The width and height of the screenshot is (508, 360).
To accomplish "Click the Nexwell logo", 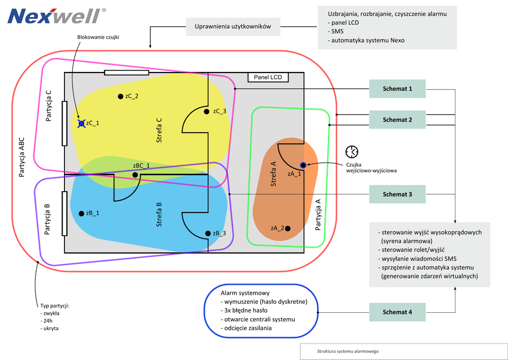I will [x=57, y=16].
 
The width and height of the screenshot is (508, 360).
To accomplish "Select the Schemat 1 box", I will [x=397, y=89].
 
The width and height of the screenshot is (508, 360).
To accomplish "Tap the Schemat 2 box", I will [x=397, y=120].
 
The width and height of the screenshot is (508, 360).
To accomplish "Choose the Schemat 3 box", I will [x=397, y=194].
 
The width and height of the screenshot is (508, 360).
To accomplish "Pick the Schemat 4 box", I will [x=397, y=312].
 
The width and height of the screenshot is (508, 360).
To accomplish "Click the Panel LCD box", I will [x=267, y=77].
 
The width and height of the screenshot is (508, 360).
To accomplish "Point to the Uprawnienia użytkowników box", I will [x=233, y=27].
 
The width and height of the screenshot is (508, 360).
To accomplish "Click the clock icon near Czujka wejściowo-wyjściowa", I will [x=352, y=151].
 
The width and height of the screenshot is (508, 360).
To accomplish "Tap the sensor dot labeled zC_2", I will [x=120, y=96].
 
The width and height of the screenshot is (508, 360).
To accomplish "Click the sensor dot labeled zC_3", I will [x=207, y=111].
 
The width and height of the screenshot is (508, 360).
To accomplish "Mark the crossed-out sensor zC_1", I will [x=81, y=123].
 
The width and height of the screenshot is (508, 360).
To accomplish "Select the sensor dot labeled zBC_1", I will [x=135, y=175].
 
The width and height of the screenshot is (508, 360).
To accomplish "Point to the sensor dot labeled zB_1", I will [x=81, y=214].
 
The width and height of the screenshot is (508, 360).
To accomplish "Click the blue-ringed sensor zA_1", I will [x=303, y=165].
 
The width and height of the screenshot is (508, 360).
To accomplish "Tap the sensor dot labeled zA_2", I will [x=288, y=228].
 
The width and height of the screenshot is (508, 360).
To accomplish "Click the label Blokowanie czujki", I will [x=98, y=37].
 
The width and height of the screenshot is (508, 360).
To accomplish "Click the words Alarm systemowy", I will [x=245, y=293].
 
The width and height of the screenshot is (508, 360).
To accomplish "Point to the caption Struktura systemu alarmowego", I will [x=348, y=352].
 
